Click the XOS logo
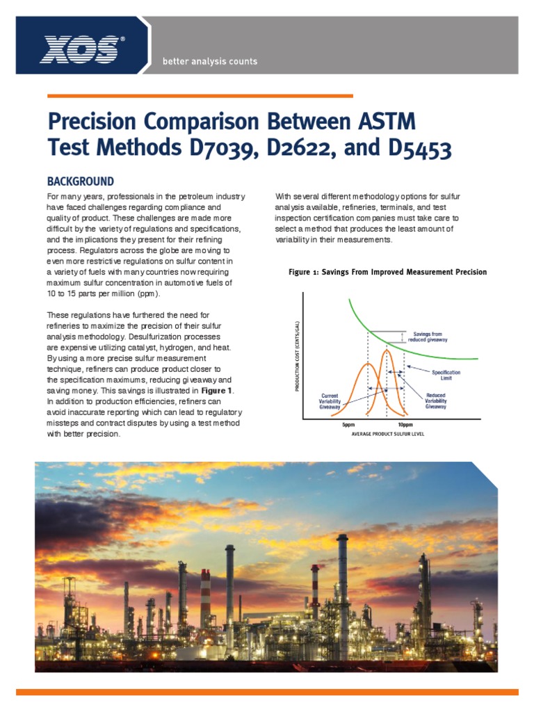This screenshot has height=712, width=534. point(82,49)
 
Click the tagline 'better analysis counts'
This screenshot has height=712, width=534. point(209,61)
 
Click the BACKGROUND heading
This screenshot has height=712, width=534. point(80,181)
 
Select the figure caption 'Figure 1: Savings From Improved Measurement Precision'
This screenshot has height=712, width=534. point(387,272)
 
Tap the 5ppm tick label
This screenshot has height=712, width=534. point(348,424)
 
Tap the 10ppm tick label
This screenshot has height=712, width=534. point(405,424)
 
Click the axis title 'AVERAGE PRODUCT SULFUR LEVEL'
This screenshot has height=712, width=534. point(387,435)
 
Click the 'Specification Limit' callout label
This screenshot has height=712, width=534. point(446,375)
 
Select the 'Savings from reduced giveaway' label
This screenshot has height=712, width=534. point(430,337)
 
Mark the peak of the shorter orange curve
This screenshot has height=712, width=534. point(368,364)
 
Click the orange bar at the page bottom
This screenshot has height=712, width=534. point(267,692)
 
